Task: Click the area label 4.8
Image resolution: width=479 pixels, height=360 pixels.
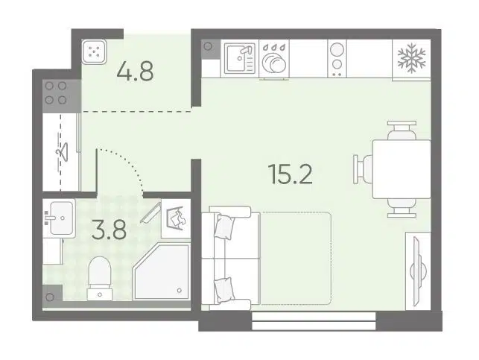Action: pyautogui.click(x=135, y=72)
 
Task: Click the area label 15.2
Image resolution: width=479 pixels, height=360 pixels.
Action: pyautogui.click(x=290, y=174)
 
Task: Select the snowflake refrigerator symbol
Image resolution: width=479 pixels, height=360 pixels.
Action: pyautogui.click(x=411, y=58)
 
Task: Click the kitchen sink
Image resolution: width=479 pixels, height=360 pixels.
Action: pyautogui.click(x=240, y=58)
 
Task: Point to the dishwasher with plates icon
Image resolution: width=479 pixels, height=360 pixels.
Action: pyautogui.click(x=274, y=58)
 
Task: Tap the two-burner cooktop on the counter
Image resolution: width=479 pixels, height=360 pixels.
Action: pyautogui.click(x=337, y=58)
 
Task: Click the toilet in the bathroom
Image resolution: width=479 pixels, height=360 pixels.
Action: pyautogui.click(x=99, y=278)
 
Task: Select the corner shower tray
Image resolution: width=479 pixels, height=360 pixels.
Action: pyautogui.click(x=162, y=271)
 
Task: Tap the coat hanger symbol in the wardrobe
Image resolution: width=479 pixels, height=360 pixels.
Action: pyautogui.click(x=62, y=151)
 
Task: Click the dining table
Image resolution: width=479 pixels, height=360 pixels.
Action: pyautogui.click(x=402, y=169)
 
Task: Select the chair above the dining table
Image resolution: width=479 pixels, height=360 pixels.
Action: pyautogui.click(x=402, y=130)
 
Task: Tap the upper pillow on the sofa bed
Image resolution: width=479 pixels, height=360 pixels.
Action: pyautogui.click(x=225, y=226)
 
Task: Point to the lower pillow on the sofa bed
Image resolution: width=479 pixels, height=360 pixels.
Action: pyautogui.click(x=225, y=290)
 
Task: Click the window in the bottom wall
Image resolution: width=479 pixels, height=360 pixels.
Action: pyautogui.click(x=314, y=321)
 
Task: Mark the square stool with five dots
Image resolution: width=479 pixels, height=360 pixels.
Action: pyautogui.click(x=94, y=51)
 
